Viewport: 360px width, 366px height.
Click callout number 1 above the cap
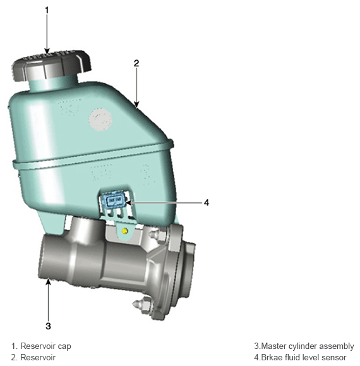(x=47, y=10)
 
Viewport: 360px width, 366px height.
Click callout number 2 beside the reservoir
(x=136, y=63)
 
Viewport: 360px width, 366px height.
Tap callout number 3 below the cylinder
(x=48, y=326)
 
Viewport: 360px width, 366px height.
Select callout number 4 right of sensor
(x=207, y=203)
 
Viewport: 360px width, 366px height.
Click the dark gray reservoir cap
(x=51, y=65)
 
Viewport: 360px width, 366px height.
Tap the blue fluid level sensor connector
(x=114, y=201)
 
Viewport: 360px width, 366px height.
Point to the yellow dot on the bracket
(x=125, y=231)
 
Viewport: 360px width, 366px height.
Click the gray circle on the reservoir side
(x=100, y=119)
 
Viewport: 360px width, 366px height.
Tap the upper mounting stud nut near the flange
(x=155, y=234)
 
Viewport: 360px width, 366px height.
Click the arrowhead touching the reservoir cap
(x=47, y=51)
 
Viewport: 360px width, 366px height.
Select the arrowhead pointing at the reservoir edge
(x=136, y=104)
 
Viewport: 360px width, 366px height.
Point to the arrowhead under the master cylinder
(x=48, y=282)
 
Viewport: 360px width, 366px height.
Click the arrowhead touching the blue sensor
(x=129, y=203)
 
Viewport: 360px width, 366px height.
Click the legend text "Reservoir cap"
(x=45, y=346)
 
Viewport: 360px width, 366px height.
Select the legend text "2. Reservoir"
(x=33, y=357)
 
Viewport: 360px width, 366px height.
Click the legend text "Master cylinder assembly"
(x=308, y=346)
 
